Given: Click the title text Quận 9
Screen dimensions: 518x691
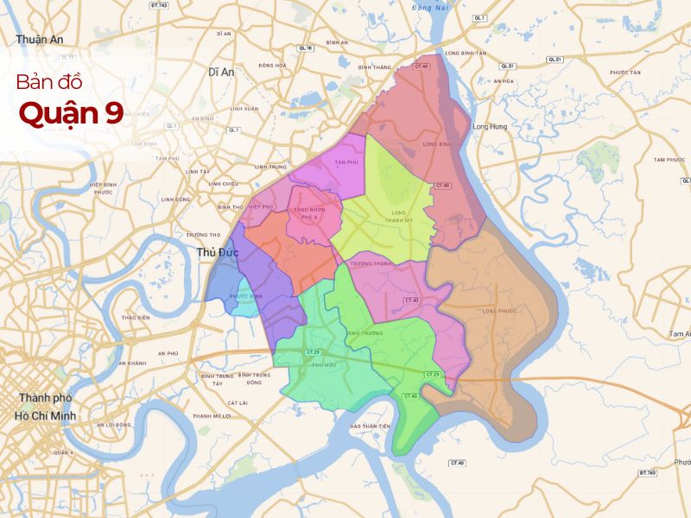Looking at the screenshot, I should tap(72, 112).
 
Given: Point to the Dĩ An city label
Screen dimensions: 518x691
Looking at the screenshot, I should tap(221, 73).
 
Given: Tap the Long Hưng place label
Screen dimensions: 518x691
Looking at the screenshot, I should tap(491, 127).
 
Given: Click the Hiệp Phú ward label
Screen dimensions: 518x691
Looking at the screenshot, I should tap(260, 207).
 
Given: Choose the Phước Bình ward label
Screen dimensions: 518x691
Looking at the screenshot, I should tap(245, 297).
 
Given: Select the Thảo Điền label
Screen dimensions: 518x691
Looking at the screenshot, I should tap(136, 318).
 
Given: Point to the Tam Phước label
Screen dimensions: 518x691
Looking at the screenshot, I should tap(669, 160).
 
